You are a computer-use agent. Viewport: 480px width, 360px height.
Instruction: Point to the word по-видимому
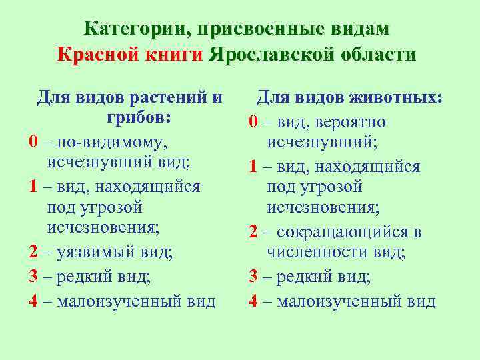[x=112, y=142]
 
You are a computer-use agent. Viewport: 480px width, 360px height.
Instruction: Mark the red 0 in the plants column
[x=33, y=142]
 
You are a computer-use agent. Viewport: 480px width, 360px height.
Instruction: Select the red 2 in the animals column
[x=253, y=232]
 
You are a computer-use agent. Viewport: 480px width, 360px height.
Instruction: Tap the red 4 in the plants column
[x=33, y=301]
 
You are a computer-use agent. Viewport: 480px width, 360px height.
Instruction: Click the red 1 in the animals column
[x=253, y=166]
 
